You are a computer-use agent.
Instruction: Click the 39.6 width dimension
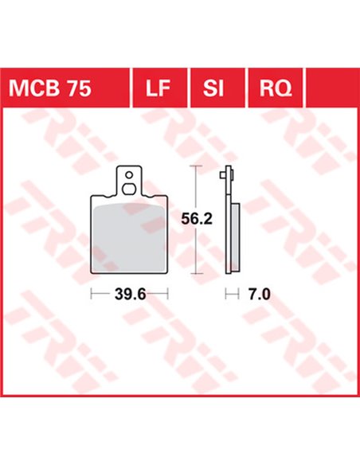click(130, 294)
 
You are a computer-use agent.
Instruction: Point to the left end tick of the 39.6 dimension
click(92, 294)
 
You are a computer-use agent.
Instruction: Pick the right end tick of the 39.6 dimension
click(168, 294)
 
